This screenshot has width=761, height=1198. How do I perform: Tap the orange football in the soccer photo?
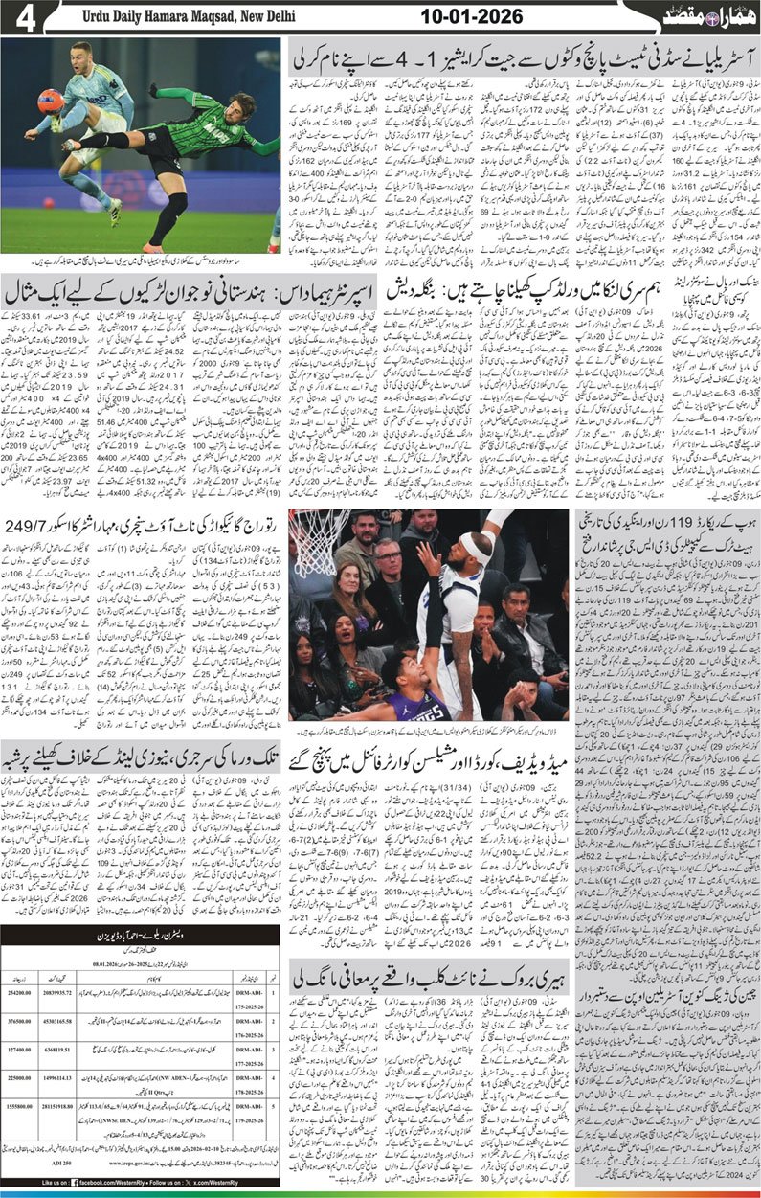49,102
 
